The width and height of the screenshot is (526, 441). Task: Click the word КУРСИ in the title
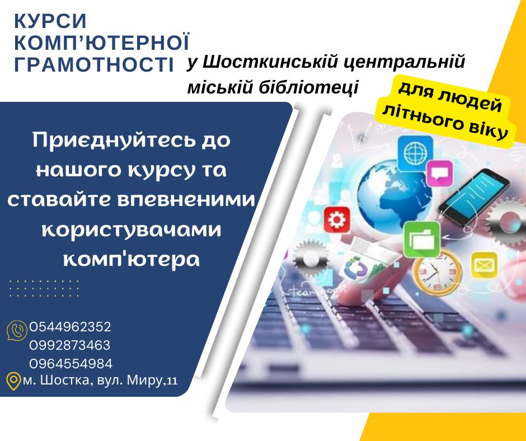pos(51,21)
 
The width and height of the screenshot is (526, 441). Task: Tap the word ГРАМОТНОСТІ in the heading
pos(94,64)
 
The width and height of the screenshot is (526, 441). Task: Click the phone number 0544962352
pos(70,327)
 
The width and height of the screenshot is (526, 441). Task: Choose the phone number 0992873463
pos(69,345)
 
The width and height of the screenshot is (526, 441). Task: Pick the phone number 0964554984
pos(71,363)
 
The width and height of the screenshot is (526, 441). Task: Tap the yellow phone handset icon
pos(17,331)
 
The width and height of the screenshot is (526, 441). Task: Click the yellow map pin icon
pos(13,381)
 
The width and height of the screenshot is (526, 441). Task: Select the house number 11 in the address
pos(172,381)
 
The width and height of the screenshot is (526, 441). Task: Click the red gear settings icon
pos(337,220)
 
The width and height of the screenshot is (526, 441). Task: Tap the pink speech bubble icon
pos(439,173)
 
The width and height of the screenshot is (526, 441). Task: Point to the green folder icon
pos(422,240)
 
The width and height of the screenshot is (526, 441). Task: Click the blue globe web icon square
pos(415,153)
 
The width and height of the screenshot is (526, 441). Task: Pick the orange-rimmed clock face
pos(437,272)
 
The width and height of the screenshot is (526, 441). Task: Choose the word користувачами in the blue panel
pos(131,230)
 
